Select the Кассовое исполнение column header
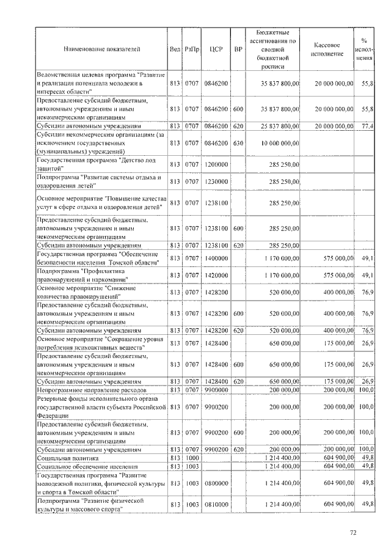[x=331, y=49]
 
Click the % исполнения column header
[x=365, y=49]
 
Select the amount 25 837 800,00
[x=279, y=126]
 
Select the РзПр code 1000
[x=192, y=457]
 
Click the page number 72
[x=353, y=533]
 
